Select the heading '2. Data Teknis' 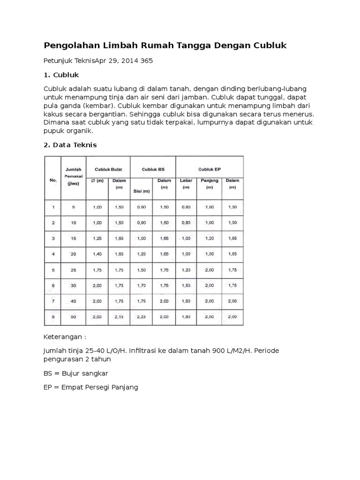tap(70, 145)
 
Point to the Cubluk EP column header tap(209, 169)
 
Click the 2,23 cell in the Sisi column tap(142, 317)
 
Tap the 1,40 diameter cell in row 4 tap(97, 254)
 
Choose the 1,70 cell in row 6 tap(142, 285)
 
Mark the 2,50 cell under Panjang tap(209, 317)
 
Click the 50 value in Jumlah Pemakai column tap(73, 317)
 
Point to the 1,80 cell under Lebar tap(186, 317)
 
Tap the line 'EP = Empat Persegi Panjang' tap(90, 388)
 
